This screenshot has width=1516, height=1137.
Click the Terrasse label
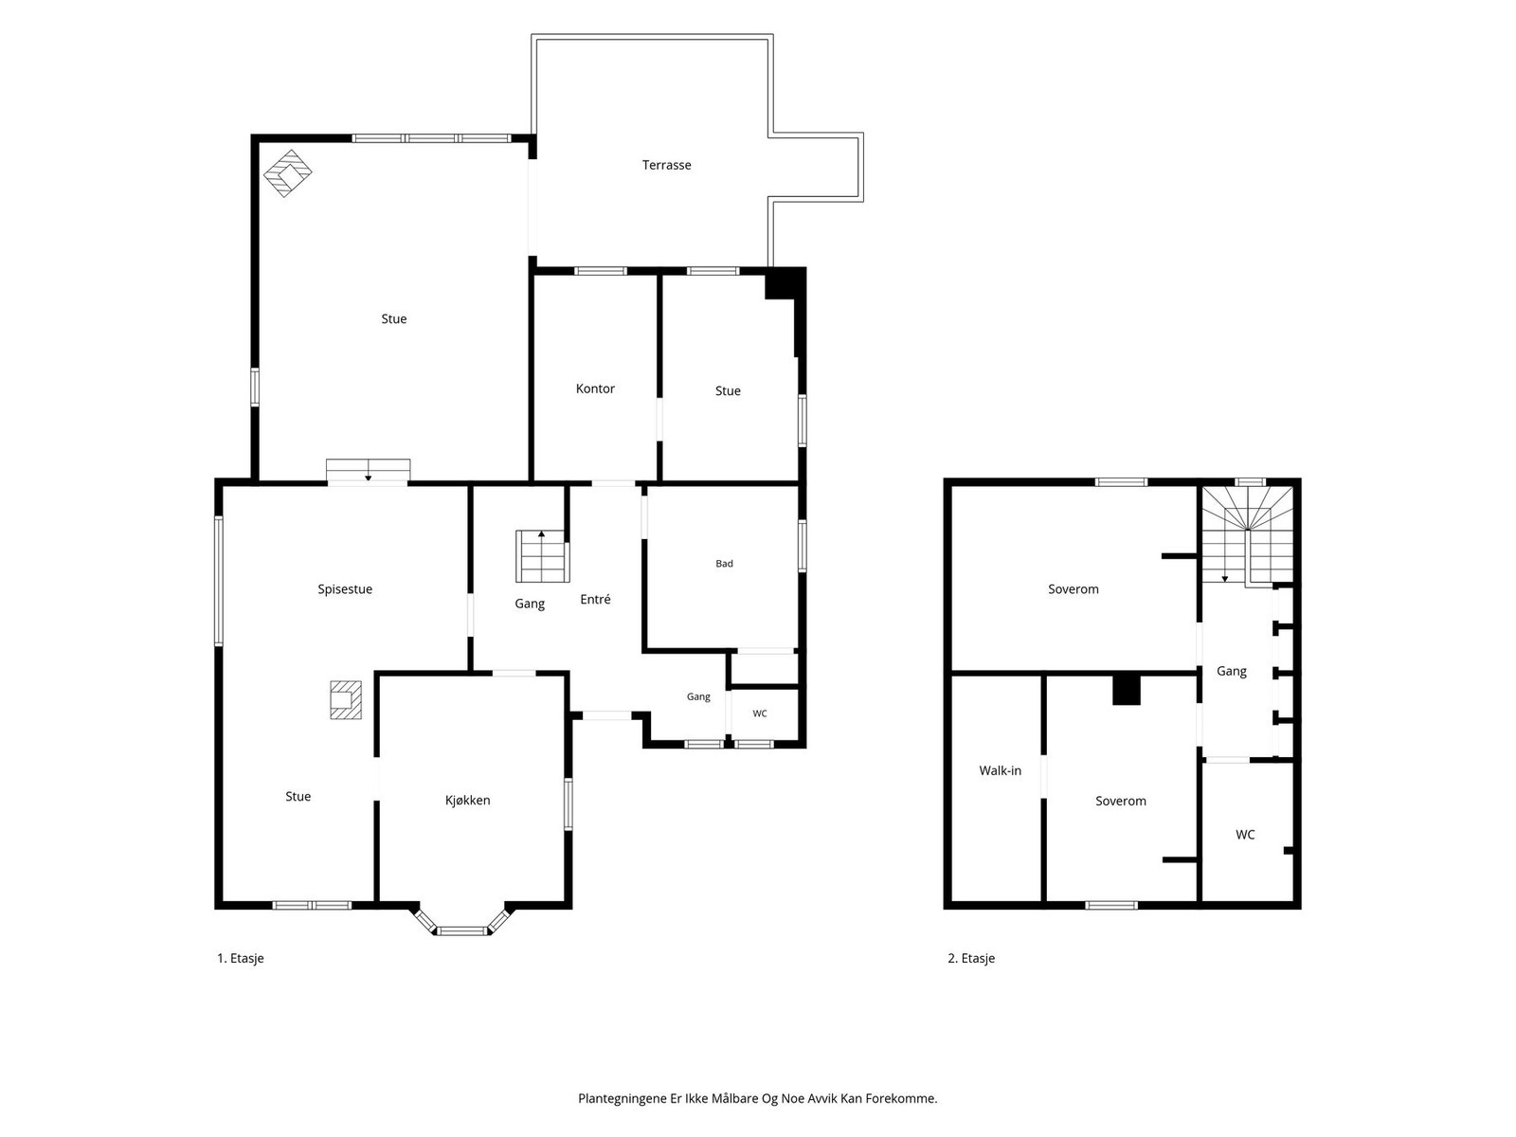coord(666,165)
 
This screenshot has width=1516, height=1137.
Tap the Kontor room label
coord(595,388)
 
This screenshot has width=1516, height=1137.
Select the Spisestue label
coord(345,588)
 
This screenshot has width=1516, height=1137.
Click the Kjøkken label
coord(467,800)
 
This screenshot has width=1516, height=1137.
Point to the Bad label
coord(724,564)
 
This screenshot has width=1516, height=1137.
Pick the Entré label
coord(595,599)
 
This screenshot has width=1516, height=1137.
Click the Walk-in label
coord(1000,770)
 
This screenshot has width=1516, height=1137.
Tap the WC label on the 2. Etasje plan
coord(1245,835)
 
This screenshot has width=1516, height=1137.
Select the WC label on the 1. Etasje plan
coord(759,713)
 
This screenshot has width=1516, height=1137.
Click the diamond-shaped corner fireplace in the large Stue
coord(287,173)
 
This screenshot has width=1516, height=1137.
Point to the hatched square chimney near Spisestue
coord(345,700)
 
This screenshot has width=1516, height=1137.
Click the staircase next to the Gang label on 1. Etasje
coord(542,556)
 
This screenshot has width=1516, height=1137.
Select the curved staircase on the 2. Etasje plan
coord(1247,536)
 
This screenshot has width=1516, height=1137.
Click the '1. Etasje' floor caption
coord(241,958)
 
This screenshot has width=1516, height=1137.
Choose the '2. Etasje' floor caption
coord(971,958)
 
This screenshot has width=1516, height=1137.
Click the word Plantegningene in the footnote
coord(623,1098)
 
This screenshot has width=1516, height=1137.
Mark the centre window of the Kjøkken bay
coord(462,931)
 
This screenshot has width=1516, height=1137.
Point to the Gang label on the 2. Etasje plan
coord(1231,671)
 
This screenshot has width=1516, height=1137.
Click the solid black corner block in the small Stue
coord(785,284)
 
